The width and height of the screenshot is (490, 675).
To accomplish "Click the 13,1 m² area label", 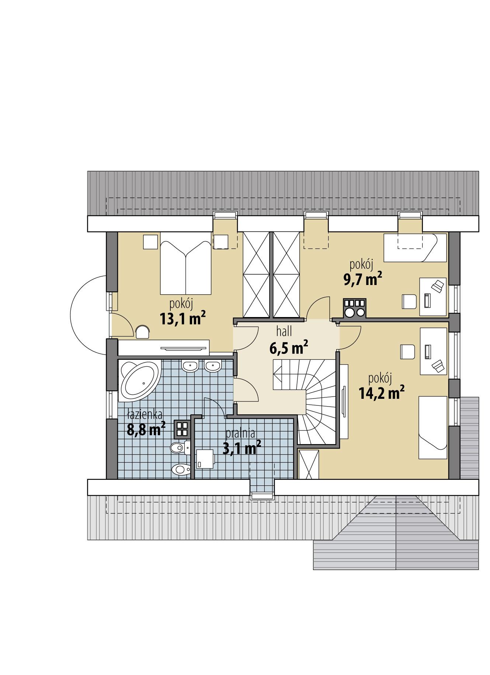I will [x=183, y=318].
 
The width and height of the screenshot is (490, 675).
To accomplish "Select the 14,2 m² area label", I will [x=382, y=393].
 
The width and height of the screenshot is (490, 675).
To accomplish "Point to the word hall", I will [x=284, y=332].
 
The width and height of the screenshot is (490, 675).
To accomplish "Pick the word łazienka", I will [x=145, y=415].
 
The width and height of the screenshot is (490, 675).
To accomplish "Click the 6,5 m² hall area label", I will [x=289, y=347].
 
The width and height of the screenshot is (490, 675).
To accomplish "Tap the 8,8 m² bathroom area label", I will [x=146, y=429].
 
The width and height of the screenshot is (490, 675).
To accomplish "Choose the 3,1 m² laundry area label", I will [x=242, y=448].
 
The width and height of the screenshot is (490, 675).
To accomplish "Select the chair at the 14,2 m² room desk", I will [x=408, y=351].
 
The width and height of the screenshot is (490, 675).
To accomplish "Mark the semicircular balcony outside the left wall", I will [x=88, y=314].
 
